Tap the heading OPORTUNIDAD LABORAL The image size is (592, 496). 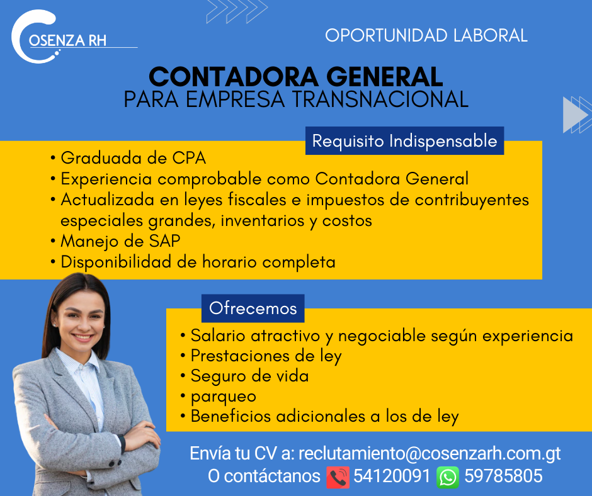[426, 35]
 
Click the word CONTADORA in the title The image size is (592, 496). [234, 77]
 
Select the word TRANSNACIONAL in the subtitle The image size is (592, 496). [380, 99]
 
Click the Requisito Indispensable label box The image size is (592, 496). [405, 141]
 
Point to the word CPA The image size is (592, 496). [189, 158]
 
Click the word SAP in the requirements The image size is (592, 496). [164, 241]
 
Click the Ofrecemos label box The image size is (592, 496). [253, 308]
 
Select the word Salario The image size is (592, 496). [218, 335]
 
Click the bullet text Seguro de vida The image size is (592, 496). [249, 376]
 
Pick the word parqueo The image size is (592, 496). [224, 397]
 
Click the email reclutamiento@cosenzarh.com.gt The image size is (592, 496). [430, 454]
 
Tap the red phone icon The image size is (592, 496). [338, 477]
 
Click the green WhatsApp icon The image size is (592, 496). [448, 477]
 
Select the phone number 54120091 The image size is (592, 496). [392, 476]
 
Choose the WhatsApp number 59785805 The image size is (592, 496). [503, 476]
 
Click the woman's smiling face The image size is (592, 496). [81, 320]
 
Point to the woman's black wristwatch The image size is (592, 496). [122, 444]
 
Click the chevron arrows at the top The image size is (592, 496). [237, 11]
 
